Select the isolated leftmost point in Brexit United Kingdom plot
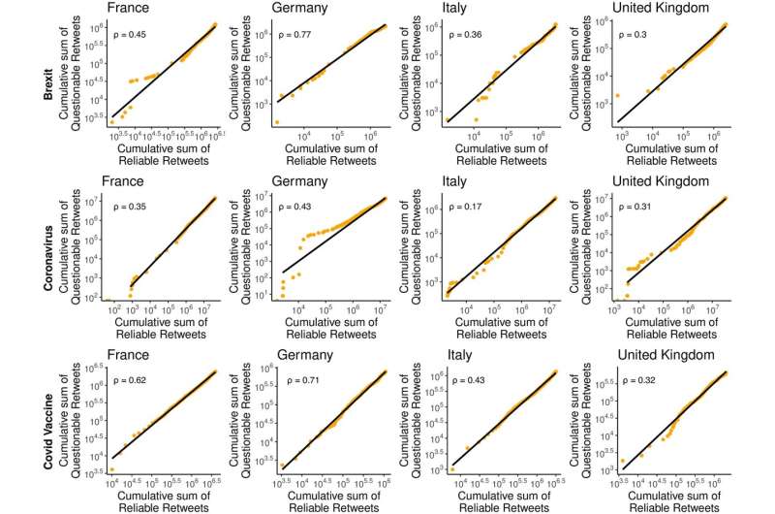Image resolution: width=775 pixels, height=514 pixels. tap(617, 95)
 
